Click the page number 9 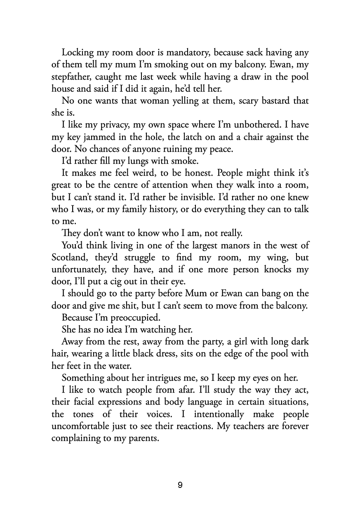click(180, 485)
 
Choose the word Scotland click(71, 258)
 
